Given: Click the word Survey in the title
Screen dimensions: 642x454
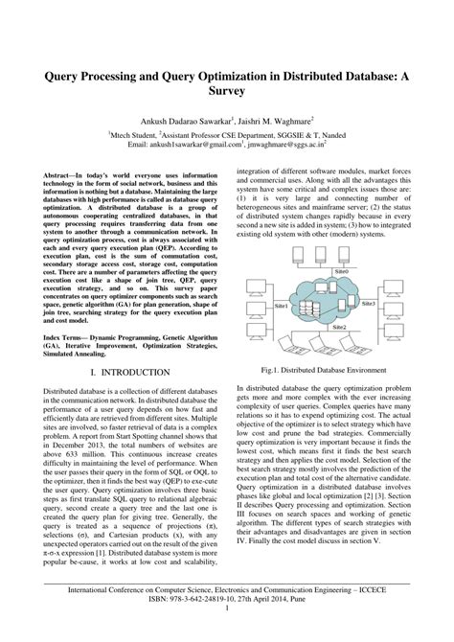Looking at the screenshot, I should click(227, 93).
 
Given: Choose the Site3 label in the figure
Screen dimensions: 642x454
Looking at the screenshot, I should click(368, 303).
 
